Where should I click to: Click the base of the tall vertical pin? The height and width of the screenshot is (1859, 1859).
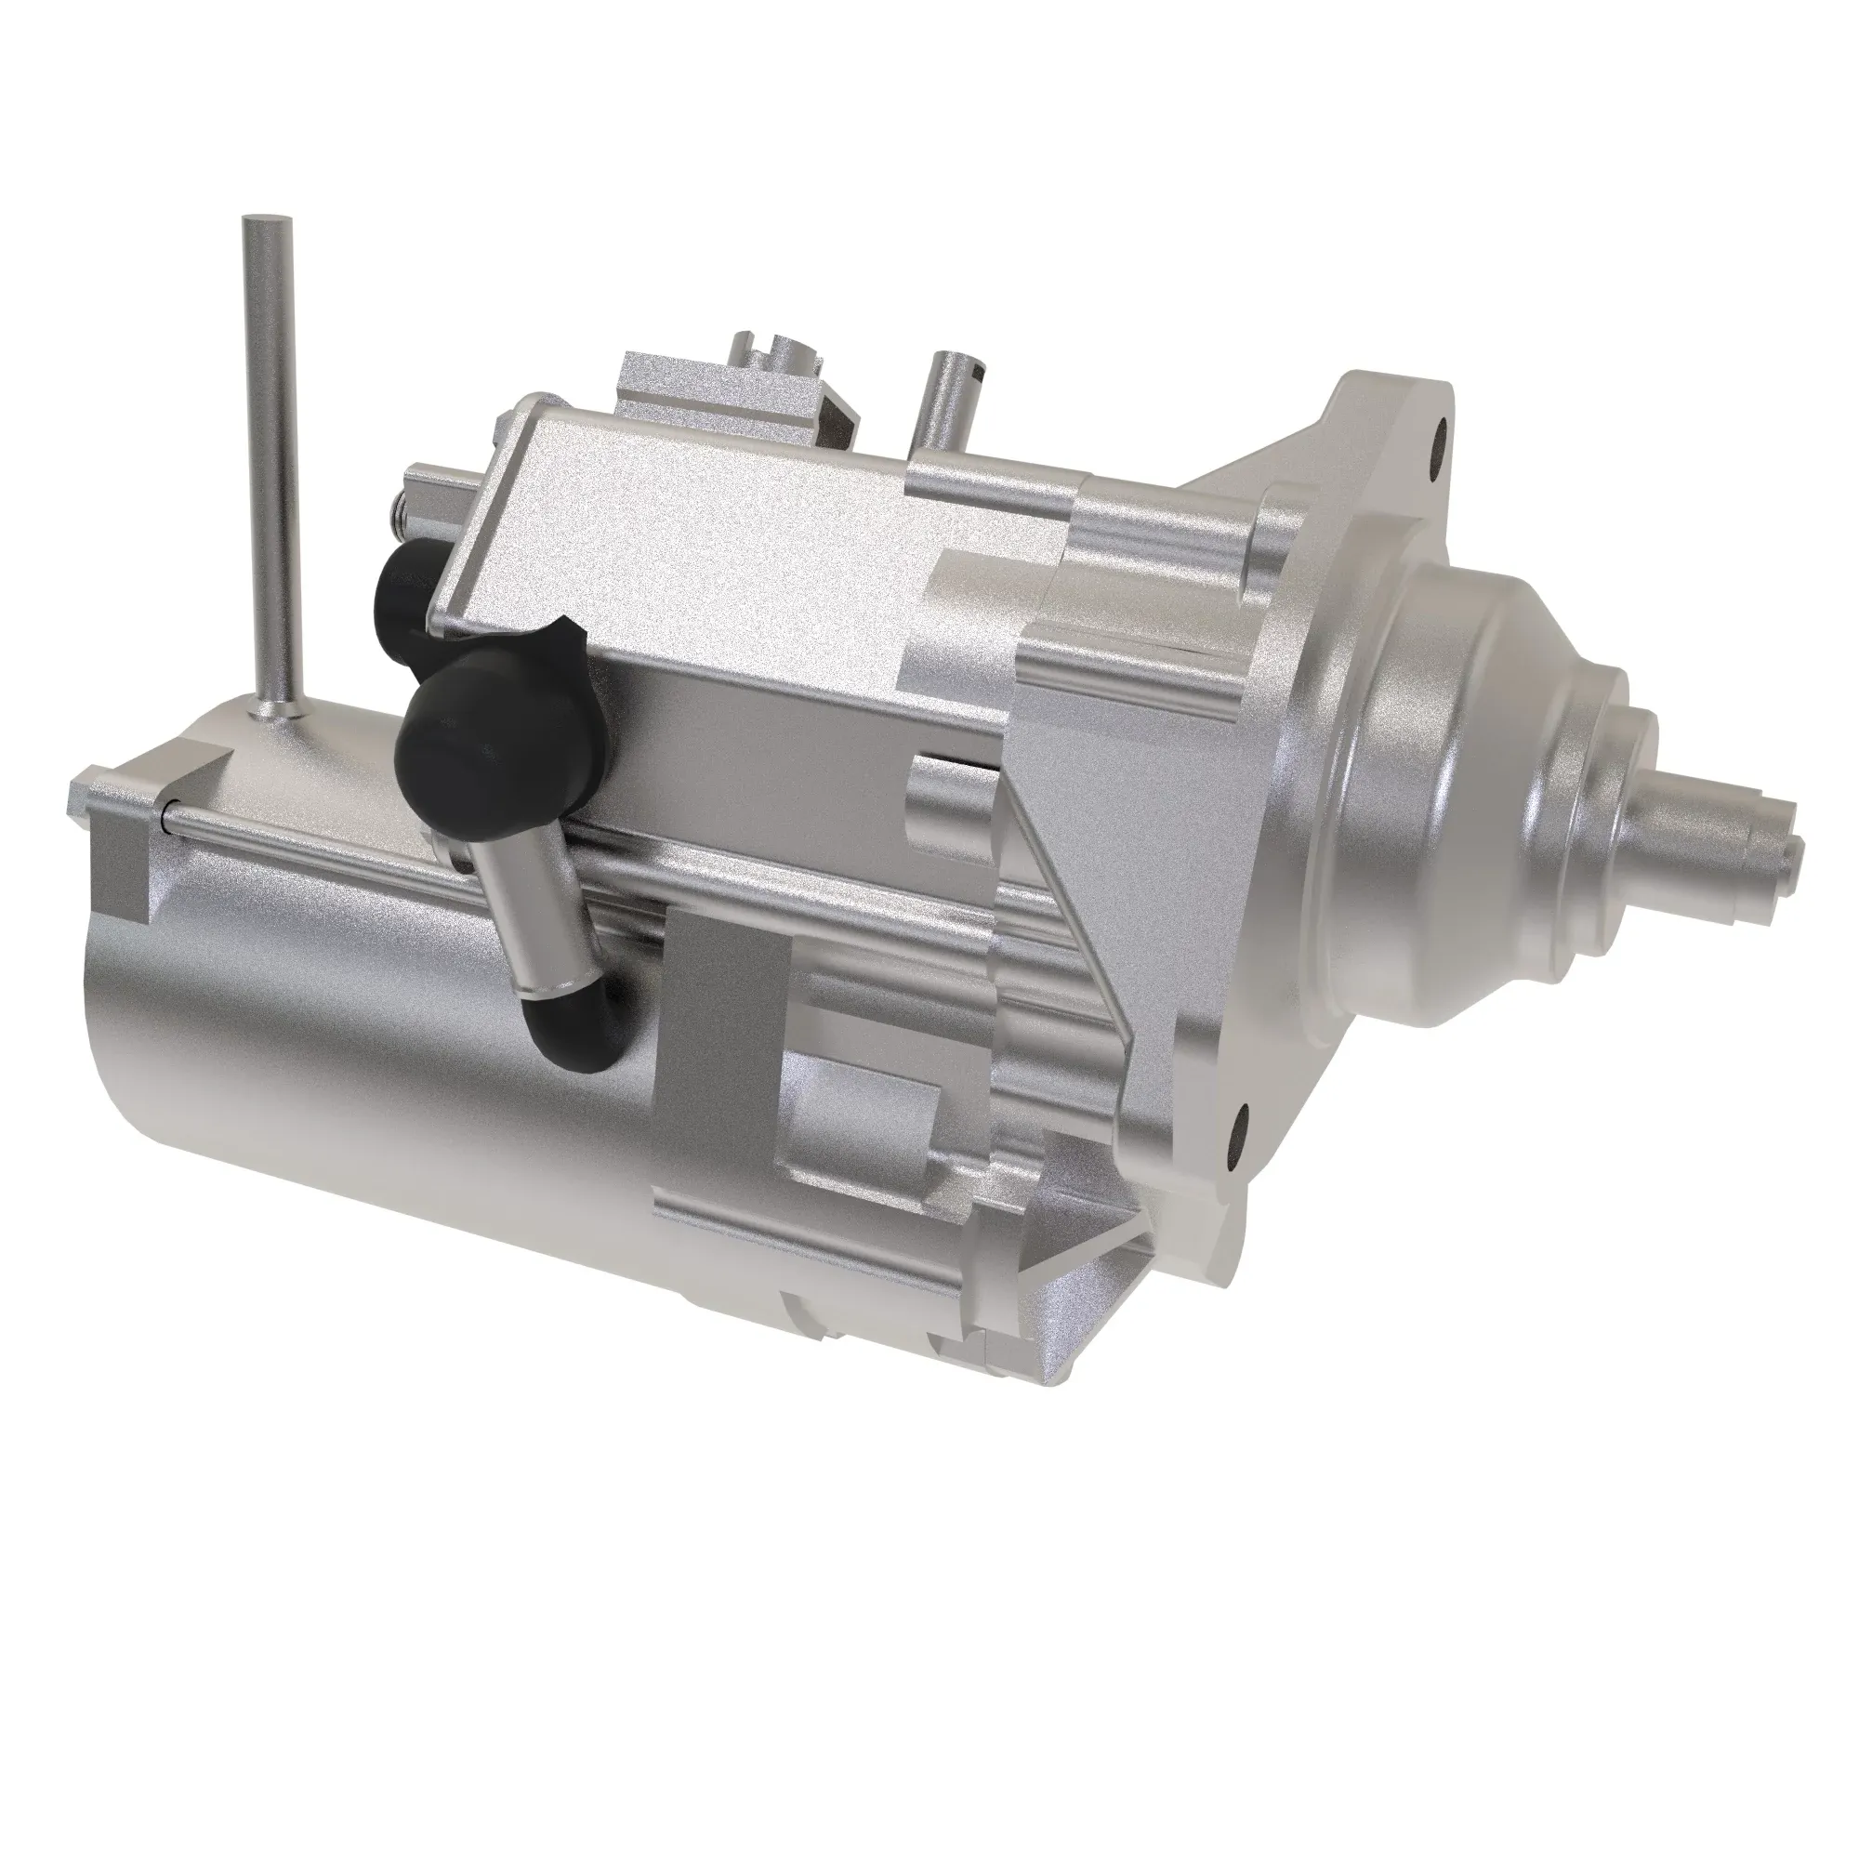275,707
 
